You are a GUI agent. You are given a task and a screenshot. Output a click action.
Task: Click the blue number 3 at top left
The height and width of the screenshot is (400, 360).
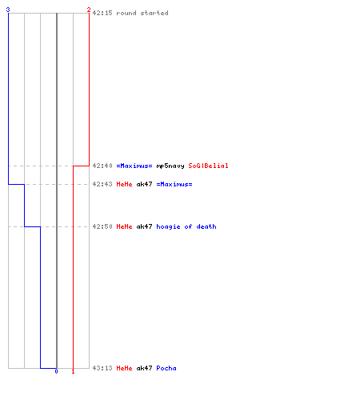[x=8, y=10]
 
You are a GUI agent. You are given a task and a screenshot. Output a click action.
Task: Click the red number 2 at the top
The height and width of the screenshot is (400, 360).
[x=89, y=10]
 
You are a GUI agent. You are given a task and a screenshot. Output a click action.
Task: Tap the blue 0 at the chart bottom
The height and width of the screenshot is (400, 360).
[x=56, y=371]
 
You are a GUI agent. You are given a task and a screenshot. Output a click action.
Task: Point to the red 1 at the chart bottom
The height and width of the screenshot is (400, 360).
[x=73, y=371]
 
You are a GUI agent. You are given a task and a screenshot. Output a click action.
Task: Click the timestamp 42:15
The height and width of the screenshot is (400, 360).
[x=102, y=13]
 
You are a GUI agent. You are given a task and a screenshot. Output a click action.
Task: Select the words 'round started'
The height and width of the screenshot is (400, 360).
[x=142, y=13]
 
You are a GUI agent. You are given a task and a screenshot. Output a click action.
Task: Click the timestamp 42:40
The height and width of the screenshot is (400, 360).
[x=102, y=166]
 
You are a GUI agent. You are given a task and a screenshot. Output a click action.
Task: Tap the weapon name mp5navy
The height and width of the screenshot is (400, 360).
[x=170, y=166]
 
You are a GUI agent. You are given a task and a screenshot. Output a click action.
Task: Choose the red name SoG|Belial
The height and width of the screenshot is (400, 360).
[x=208, y=166]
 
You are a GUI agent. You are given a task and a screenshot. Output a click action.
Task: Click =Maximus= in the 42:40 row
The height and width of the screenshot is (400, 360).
[x=134, y=166]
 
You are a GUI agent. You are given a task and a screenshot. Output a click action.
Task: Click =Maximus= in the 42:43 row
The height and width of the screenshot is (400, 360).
[x=174, y=184]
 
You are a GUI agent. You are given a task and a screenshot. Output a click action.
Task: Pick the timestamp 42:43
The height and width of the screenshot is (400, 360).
[x=102, y=184]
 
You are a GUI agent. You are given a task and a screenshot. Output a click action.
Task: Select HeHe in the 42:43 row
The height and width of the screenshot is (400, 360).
[x=124, y=184]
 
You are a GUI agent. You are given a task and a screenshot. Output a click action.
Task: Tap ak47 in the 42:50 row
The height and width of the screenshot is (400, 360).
[x=144, y=226]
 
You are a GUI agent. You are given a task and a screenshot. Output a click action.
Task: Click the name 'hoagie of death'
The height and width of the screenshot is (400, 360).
[x=186, y=226]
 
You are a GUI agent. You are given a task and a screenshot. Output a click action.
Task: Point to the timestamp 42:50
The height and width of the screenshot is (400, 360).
[x=102, y=226]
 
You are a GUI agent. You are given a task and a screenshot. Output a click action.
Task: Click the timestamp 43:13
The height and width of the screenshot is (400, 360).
[x=102, y=368]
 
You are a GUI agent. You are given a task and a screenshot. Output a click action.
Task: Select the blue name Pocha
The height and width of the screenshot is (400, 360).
[x=166, y=368]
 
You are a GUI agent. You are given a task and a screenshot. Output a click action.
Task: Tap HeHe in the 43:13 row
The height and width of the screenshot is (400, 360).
[x=124, y=368]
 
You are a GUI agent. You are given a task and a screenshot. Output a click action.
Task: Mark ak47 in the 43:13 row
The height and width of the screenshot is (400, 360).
[x=144, y=368]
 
